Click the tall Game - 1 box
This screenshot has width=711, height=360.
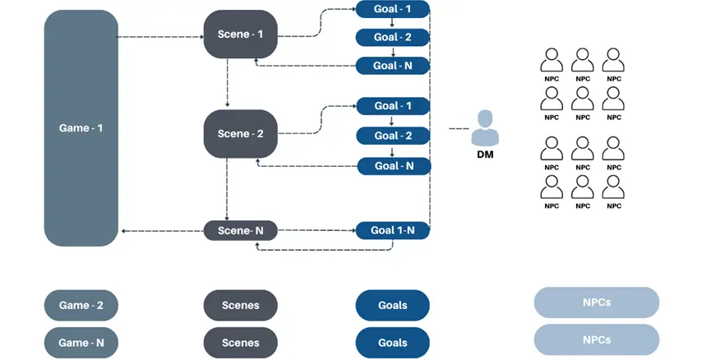pyautogui.click(x=81, y=128)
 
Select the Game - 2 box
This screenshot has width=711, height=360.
pyautogui.click(x=81, y=306)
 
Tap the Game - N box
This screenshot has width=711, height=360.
pyautogui.click(x=81, y=343)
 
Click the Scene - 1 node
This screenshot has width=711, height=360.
pyautogui.click(x=241, y=35)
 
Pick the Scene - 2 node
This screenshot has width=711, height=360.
pyautogui.click(x=241, y=133)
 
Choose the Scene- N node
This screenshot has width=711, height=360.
pyautogui.click(x=241, y=231)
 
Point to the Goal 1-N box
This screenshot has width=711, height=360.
pyautogui.click(x=392, y=231)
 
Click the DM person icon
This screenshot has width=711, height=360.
pyautogui.click(x=488, y=128)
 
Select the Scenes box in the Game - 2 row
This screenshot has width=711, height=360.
pyautogui.click(x=241, y=306)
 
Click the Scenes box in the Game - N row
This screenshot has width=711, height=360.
pyautogui.click(x=241, y=343)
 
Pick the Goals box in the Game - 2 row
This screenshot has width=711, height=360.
pyautogui.click(x=392, y=306)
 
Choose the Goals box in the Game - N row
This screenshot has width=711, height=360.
pyautogui.click(x=392, y=343)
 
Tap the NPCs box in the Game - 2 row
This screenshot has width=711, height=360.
pyautogui.click(x=596, y=302)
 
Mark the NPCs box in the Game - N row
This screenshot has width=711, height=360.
pyautogui.click(x=596, y=339)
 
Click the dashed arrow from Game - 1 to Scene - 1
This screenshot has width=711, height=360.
pyautogui.click(x=161, y=36)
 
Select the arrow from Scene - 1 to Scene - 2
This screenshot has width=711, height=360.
pyautogui.click(x=228, y=83)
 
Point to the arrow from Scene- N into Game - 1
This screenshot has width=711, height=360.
pyautogui.click(x=162, y=231)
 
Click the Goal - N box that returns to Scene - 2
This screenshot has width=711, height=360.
pyautogui.click(x=392, y=165)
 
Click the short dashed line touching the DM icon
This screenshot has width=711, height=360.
pyautogui.click(x=459, y=128)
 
